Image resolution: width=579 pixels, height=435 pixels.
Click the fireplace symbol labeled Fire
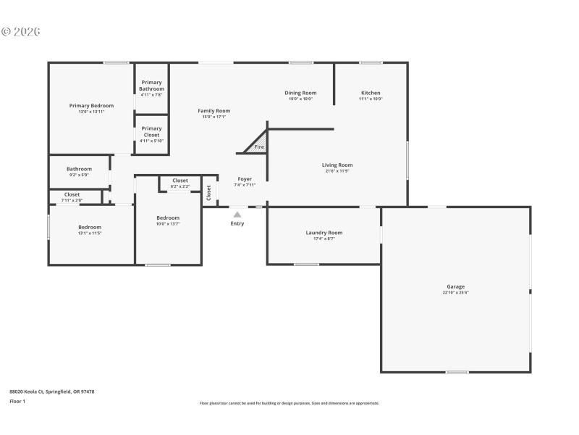(x=258, y=147)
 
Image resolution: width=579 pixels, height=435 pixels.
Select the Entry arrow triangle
(x=237, y=215)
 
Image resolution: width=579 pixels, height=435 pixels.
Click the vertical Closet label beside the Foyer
(x=209, y=192)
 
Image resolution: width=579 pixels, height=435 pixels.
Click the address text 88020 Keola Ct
(x=51, y=391)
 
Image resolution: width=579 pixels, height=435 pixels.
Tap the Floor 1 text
(x=17, y=401)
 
